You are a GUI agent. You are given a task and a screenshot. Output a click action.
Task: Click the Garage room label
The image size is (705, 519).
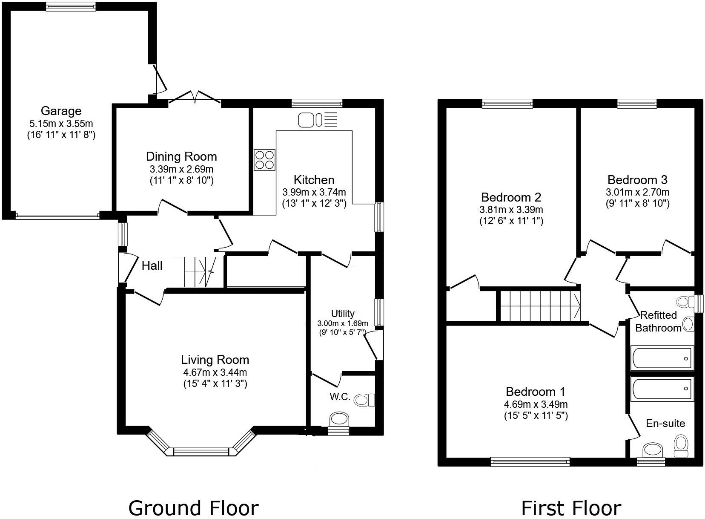click(61, 111)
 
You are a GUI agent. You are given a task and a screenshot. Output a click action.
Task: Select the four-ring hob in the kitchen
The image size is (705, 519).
click(264, 160)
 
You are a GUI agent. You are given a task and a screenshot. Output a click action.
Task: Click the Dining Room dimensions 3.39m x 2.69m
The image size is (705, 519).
click(181, 169)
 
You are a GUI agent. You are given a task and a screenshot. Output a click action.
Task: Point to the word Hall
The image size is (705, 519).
click(152, 266)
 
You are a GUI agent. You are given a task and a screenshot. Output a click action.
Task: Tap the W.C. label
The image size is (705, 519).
click(340, 397)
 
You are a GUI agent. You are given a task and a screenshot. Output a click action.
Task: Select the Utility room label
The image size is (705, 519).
click(343, 314)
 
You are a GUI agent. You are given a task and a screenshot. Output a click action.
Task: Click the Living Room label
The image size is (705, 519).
click(215, 360)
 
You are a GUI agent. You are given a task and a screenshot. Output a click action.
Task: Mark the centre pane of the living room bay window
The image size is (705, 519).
click(201, 451)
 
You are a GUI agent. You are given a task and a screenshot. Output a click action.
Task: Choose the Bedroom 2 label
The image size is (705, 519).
click(511, 197)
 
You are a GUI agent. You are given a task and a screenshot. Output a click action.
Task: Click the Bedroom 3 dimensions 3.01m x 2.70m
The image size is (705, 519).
click(637, 192)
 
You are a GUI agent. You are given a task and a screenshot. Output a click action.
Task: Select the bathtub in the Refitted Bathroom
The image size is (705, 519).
click(662, 358)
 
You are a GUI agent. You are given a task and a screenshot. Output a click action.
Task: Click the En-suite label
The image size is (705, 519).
click(665, 423)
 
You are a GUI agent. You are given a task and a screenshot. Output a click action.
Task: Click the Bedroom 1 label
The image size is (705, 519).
click(536, 391)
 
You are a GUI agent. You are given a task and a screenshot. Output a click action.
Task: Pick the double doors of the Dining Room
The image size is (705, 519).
click(194, 97)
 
